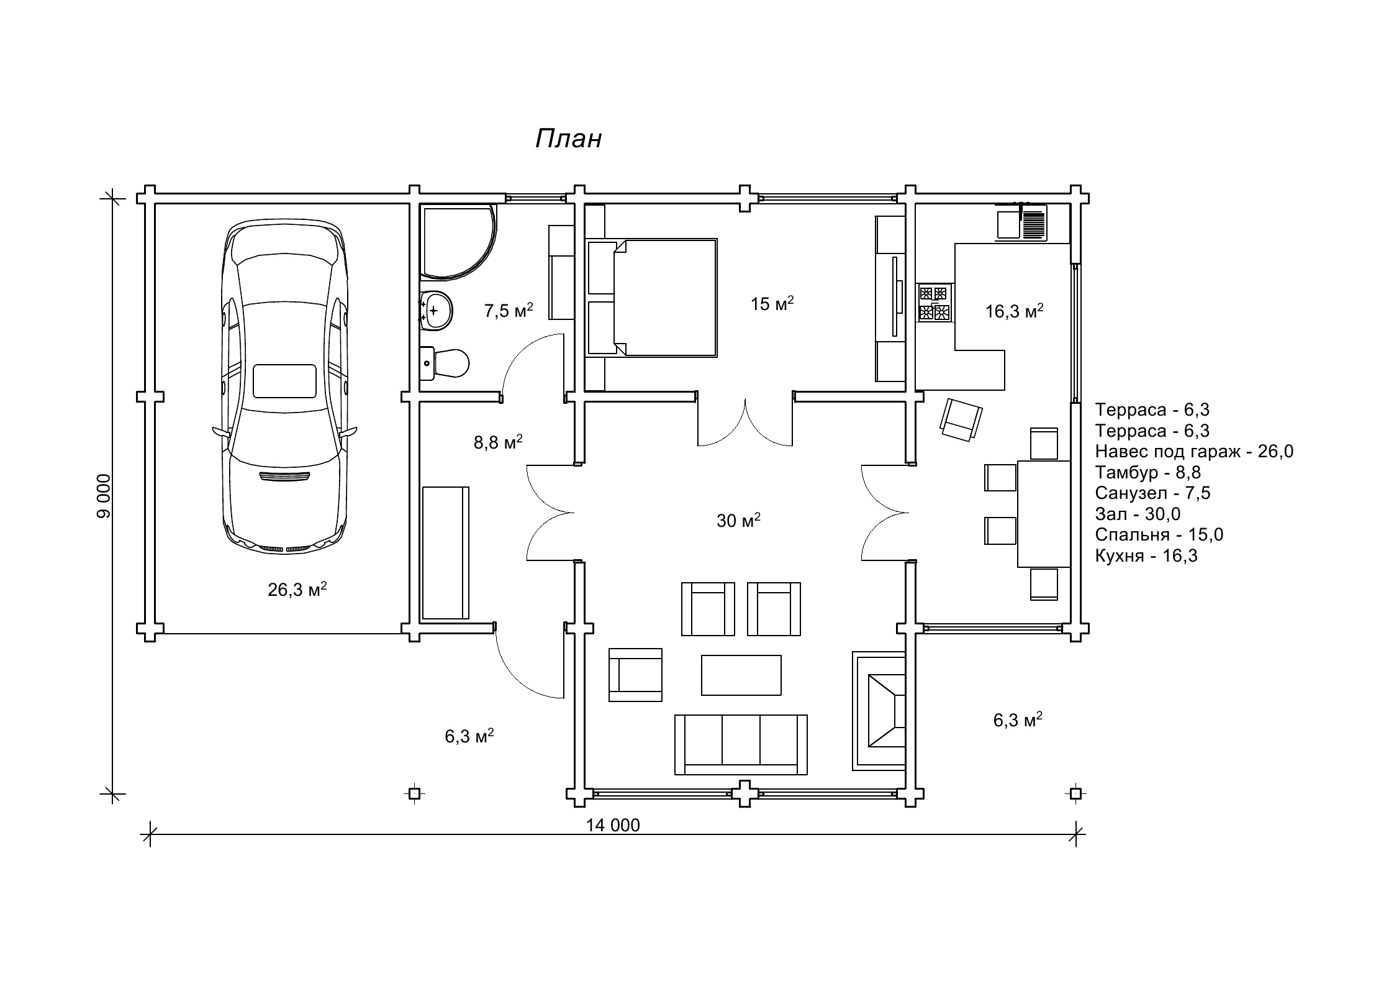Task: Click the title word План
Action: tap(568, 139)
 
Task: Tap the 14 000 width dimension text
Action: tap(613, 825)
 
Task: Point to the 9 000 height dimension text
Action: tap(103, 496)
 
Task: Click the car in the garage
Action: tap(284, 385)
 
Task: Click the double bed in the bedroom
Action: tap(652, 298)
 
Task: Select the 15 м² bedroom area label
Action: tap(772, 304)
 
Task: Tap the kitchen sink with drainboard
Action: tap(1021, 222)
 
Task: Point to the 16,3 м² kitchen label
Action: tap(1015, 311)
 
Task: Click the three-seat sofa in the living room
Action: tap(741, 744)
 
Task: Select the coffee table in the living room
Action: tap(741, 675)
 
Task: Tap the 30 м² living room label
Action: tap(739, 521)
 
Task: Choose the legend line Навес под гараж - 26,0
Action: tap(1194, 452)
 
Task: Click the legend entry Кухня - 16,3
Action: tap(1146, 555)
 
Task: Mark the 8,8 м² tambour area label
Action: tap(498, 442)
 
